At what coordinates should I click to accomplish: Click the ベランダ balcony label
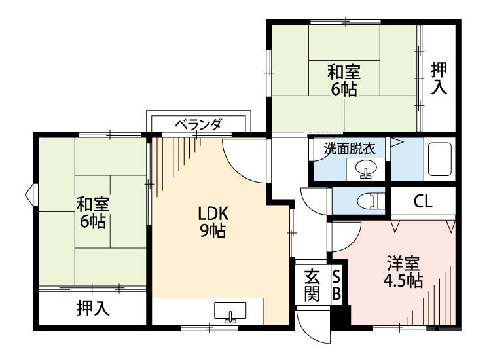pyautogui.click(x=198, y=124)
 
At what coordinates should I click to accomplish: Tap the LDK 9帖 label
pyautogui.click(x=213, y=222)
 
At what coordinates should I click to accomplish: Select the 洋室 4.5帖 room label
pyautogui.click(x=403, y=272)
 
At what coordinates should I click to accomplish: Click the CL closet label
pyautogui.click(x=422, y=201)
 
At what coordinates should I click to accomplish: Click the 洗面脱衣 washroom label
pyautogui.click(x=349, y=148)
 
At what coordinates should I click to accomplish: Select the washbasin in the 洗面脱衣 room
pyautogui.click(x=365, y=170)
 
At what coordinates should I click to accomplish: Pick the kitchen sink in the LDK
pyautogui.click(x=229, y=313)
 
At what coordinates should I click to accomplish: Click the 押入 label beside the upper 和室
pyautogui.click(x=439, y=78)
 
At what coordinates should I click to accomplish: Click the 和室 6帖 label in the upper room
pyautogui.click(x=344, y=80)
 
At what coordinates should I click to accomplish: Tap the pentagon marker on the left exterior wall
pyautogui.click(x=29, y=194)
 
